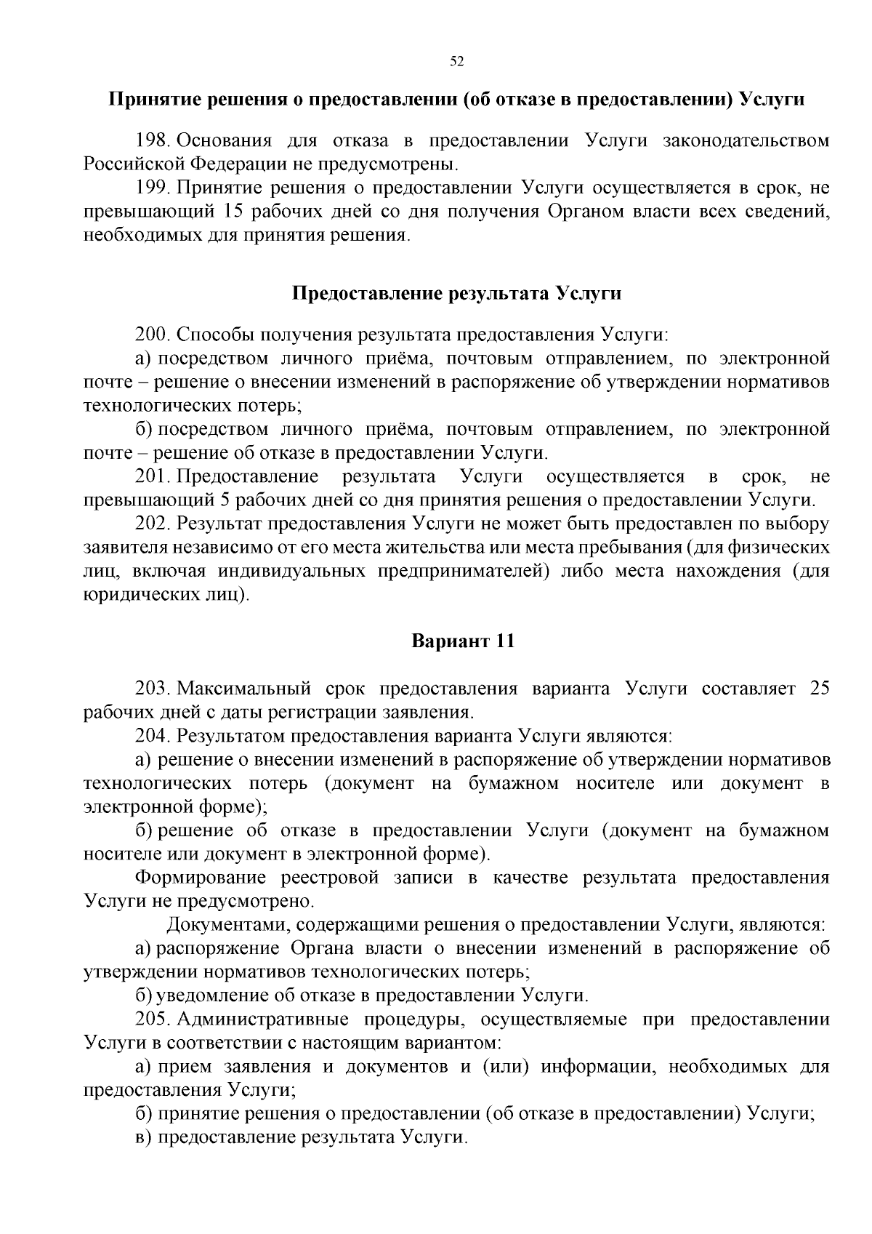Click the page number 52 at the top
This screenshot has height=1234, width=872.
[457, 62]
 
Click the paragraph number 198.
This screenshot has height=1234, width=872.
[152, 140]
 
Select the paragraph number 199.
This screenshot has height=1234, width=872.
[152, 188]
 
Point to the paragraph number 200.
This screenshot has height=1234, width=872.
[152, 334]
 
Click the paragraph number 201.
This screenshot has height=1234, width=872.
[152, 476]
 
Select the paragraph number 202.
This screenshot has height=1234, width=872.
[152, 524]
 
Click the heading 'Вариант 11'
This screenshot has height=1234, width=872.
[463, 641]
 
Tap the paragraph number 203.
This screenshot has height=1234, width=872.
[152, 688]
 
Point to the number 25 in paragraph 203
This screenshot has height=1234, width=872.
[819, 688]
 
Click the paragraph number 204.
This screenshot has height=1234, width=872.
[152, 736]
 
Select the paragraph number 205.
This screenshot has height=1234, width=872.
[152, 1019]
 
